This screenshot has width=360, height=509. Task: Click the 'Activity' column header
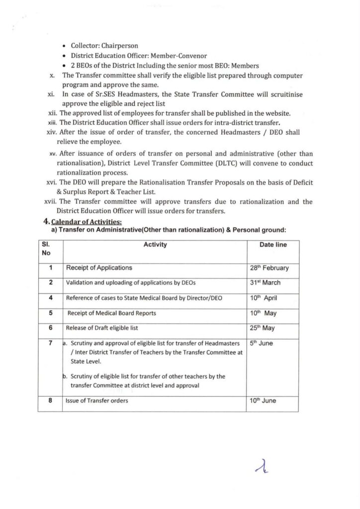[x=155, y=245]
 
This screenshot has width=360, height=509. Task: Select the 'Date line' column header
[x=273, y=245]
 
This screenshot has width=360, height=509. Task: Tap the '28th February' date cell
[x=269, y=268]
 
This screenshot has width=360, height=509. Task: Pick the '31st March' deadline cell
[x=265, y=282]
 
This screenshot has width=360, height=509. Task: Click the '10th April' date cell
[x=264, y=298]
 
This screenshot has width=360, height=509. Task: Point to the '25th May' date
[x=263, y=328]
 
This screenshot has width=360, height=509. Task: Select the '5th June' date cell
[x=262, y=343]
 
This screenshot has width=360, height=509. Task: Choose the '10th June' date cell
[x=263, y=401]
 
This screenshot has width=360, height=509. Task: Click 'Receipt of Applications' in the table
[x=99, y=268]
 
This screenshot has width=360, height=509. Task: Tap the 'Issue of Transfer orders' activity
[x=97, y=401]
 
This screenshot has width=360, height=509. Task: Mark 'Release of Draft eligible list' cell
[x=102, y=328]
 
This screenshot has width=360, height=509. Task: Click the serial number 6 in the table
[x=51, y=328]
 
